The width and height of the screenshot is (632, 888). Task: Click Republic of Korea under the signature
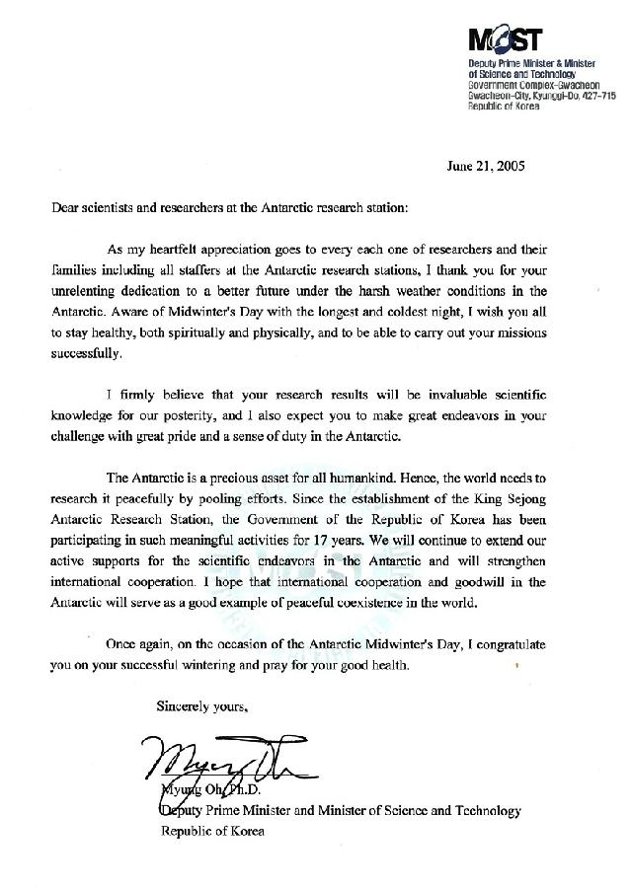pos(212,831)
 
